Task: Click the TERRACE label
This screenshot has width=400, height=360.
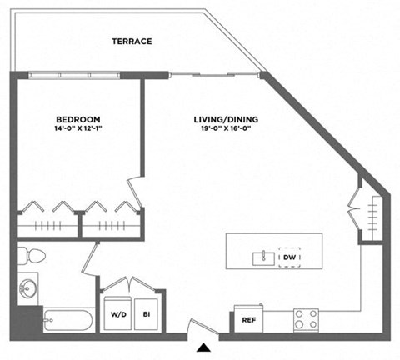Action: [x=132, y=41]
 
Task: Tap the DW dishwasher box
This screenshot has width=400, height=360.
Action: [x=289, y=257]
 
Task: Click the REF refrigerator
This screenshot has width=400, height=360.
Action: [x=248, y=319]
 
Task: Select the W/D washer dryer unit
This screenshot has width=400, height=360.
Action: [x=118, y=313]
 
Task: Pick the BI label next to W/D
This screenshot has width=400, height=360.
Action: [x=147, y=313]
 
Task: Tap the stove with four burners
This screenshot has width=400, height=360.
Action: [x=305, y=318]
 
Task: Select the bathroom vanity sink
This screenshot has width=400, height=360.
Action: [x=27, y=289]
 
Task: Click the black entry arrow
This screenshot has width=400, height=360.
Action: [x=202, y=347]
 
